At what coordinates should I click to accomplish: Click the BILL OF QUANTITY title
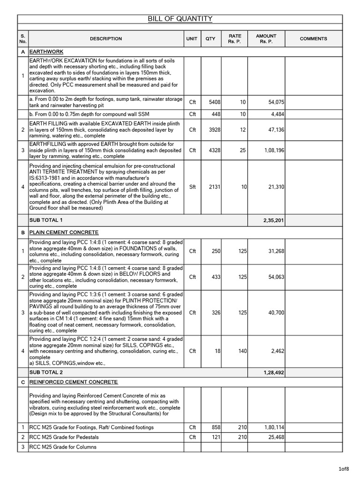[x=180, y=19]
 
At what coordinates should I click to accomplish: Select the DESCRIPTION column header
[x=105, y=39]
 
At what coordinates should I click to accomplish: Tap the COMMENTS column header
[x=313, y=39]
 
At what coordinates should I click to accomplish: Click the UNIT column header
[x=192, y=39]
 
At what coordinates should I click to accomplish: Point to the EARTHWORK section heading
[x=46, y=52]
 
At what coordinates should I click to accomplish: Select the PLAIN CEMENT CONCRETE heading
[x=64, y=232]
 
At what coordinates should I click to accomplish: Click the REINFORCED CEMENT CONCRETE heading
[x=73, y=382]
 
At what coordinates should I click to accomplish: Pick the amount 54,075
[x=275, y=102]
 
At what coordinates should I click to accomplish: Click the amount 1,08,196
[x=272, y=150]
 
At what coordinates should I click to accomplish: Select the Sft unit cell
[x=192, y=187]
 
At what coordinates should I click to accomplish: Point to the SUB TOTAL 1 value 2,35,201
[x=273, y=220]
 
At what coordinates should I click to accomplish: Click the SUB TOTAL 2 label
[x=45, y=373]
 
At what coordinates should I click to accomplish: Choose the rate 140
[x=242, y=351]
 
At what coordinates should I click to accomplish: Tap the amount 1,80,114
[x=272, y=427]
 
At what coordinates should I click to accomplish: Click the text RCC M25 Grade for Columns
[x=63, y=447]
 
